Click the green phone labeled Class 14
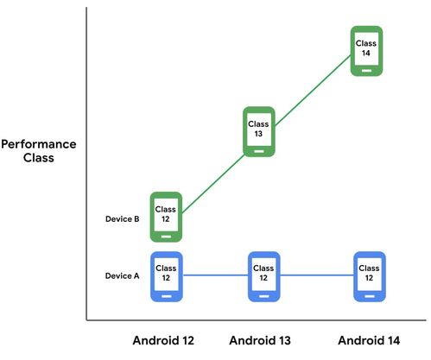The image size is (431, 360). click(x=366, y=51)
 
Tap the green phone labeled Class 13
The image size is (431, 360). click(x=259, y=132)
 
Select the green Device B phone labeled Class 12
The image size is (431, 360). click(x=166, y=217)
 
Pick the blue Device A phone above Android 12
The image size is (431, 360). click(x=167, y=276)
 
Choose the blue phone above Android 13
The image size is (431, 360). click(x=264, y=276)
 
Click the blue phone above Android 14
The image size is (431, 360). click(x=370, y=276)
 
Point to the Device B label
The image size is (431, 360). click(x=123, y=219)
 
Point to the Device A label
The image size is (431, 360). click(x=123, y=275)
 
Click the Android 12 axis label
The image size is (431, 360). click(x=163, y=340)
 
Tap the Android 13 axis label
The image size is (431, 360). click(x=260, y=340)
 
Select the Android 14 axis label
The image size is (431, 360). click(x=369, y=340)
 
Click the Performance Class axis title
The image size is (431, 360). click(x=39, y=151)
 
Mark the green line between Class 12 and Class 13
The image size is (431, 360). click(x=213, y=184)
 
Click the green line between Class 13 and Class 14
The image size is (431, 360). click(x=313, y=90)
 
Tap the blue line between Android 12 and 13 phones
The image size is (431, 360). click(x=215, y=275)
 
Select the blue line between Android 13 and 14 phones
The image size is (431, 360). click(x=317, y=275)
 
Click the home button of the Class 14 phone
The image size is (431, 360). click(x=366, y=71)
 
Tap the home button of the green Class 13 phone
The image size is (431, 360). click(x=259, y=151)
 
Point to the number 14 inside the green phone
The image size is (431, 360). click(x=366, y=53)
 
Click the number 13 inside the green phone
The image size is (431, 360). click(x=258, y=134)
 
